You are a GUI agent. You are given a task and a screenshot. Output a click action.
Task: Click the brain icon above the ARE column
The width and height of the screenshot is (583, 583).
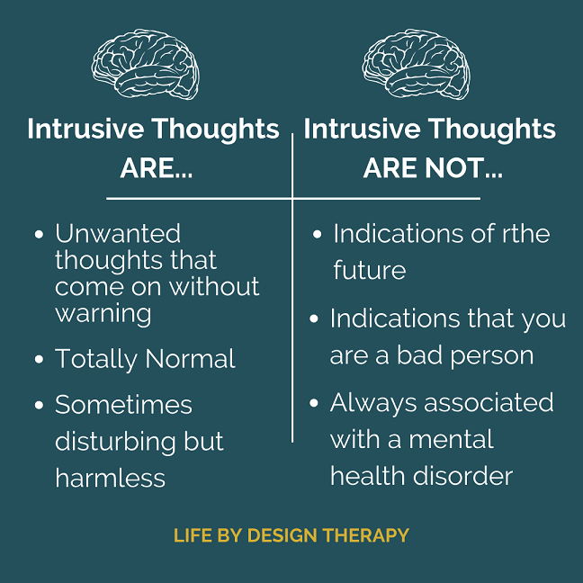click(x=146, y=64)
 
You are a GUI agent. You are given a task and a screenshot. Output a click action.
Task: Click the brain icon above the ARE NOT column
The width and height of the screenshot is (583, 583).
click(x=416, y=64)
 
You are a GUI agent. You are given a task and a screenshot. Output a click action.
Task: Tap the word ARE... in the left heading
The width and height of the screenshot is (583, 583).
click(x=157, y=168)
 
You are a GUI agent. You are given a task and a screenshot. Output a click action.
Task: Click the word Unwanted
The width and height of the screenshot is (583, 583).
click(x=118, y=234)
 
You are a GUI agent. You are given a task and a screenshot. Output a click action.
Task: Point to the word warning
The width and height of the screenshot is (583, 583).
click(x=103, y=314)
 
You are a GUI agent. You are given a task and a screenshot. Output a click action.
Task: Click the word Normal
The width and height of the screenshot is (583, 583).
click(x=190, y=359)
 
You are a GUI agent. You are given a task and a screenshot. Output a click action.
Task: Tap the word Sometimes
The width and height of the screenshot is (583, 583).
click(x=123, y=405)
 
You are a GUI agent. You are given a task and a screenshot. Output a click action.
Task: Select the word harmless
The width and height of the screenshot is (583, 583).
click(x=110, y=478)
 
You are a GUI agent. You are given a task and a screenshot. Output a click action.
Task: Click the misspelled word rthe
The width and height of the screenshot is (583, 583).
click(x=526, y=234)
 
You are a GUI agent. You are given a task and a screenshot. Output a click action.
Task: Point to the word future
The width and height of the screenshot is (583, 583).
click(x=370, y=270)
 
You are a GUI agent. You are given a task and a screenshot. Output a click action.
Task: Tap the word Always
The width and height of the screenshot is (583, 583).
click(x=373, y=404)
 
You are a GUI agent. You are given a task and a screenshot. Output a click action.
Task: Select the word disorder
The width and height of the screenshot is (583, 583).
click(x=463, y=476)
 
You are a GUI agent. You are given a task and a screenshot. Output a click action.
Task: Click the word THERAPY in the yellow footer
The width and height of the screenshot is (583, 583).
click(x=366, y=535)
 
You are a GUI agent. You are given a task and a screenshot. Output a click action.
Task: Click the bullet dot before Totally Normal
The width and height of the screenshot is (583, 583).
click(x=39, y=359)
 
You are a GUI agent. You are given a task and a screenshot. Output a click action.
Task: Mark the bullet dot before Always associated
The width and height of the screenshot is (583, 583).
click(x=314, y=403)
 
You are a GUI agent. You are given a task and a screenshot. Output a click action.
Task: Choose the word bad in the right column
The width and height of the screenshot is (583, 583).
click(x=420, y=355)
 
